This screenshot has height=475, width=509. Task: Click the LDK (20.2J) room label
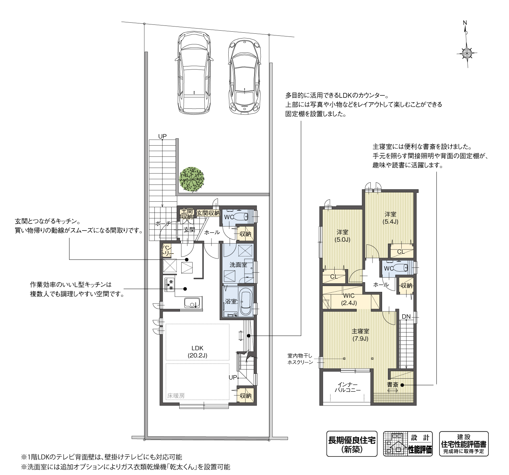pyautogui.click(x=197, y=351)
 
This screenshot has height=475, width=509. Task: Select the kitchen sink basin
pyautogui.click(x=192, y=303)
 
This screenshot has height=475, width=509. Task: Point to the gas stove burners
pyautogui.click(x=170, y=284)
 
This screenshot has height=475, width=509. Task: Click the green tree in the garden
pyautogui.click(x=192, y=179)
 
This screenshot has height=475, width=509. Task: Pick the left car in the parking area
pyautogui.click(x=194, y=73)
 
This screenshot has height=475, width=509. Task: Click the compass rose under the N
pyautogui.click(x=467, y=53)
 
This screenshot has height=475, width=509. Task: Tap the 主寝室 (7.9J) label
pyautogui.click(x=360, y=335)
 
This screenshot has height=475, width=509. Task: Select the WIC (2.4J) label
pyautogui.click(x=349, y=299)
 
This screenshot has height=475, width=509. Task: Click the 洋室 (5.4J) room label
pyautogui.click(x=390, y=218)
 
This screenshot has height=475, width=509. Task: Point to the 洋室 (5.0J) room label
pyautogui.click(x=343, y=235)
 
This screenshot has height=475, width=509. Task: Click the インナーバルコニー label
pyautogui.click(x=348, y=387)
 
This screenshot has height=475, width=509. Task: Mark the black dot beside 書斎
pyautogui.click(x=402, y=385)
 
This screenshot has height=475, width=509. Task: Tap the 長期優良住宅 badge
pyautogui.click(x=352, y=444)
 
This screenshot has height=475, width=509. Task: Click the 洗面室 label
pyautogui.click(x=238, y=265)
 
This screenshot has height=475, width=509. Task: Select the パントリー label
pyautogui.click(x=166, y=251)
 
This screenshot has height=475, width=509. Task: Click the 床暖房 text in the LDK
pyautogui.click(x=176, y=396)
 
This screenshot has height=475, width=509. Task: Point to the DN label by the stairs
pyautogui.click(x=406, y=317)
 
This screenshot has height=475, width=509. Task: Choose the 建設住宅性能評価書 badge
pyautogui.click(x=464, y=444)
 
